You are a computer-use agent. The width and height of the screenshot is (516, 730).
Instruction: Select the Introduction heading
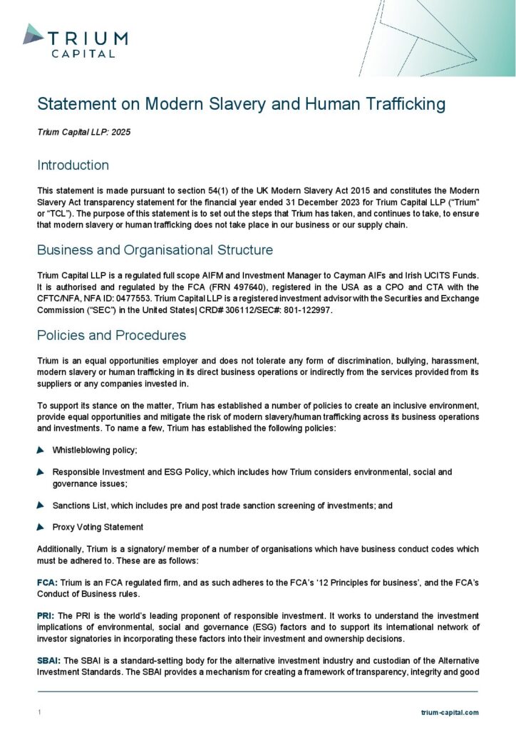pyautogui.click(x=73, y=165)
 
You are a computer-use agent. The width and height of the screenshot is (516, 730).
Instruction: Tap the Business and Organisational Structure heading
pyautogui.click(x=154, y=250)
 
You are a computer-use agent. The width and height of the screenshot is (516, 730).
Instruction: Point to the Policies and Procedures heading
pyautogui.click(x=111, y=335)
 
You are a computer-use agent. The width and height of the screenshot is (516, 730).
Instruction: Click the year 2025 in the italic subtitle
pyautogui.click(x=121, y=133)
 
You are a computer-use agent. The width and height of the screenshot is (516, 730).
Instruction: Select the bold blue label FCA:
pyautogui.click(x=48, y=583)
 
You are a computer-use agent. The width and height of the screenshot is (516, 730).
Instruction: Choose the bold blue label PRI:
pyautogui.click(x=46, y=615)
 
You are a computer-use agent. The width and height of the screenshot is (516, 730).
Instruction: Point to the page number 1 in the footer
pyautogui.click(x=39, y=712)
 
